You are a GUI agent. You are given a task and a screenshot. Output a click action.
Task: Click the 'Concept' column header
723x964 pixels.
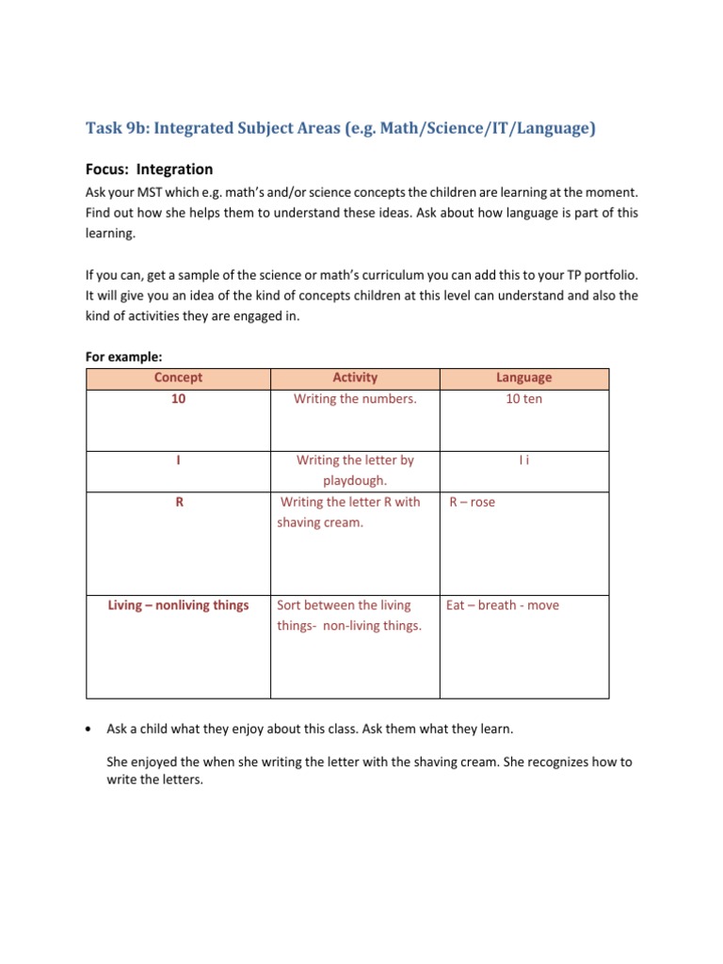coord(178,378)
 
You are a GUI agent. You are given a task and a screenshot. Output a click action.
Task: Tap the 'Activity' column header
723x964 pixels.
coord(355,378)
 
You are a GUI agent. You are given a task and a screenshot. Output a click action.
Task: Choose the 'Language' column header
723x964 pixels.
coord(523,378)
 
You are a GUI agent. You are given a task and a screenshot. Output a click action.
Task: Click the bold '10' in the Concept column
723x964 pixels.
coord(178,399)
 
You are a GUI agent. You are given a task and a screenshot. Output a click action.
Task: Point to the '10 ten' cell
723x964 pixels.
coord(523,399)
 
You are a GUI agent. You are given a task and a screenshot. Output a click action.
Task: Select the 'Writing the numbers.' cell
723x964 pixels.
coord(355,399)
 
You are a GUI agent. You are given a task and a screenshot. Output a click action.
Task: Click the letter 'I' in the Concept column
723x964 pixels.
coord(178,461)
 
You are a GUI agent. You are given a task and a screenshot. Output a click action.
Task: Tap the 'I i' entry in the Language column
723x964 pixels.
coord(523,461)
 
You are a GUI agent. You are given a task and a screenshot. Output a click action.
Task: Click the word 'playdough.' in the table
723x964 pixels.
coord(355,481)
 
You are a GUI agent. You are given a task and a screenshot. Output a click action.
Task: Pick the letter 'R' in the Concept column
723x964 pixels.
coord(178,503)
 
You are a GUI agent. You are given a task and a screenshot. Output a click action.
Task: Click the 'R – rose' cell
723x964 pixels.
coord(472,503)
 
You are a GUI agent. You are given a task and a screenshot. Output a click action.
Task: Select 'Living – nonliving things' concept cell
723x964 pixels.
coord(178,605)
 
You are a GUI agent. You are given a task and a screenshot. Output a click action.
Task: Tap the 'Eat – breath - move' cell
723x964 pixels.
coord(502,605)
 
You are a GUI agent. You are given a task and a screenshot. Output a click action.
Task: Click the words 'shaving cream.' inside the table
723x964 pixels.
coord(320,522)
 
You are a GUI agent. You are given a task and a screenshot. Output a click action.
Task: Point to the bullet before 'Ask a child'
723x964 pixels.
coord(88,730)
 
